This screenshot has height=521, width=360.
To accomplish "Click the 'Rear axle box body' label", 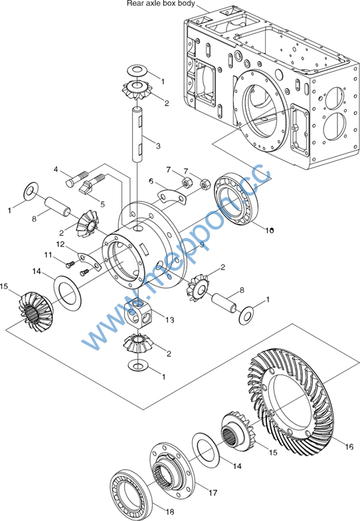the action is click(x=161, y=4).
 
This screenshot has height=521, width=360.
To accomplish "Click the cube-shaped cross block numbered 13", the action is click(x=139, y=313).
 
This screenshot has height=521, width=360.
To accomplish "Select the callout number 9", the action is click(x=202, y=245).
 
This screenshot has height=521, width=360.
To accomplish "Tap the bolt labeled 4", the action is click(x=77, y=178).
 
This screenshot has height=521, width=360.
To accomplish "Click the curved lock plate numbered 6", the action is click(x=171, y=196).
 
